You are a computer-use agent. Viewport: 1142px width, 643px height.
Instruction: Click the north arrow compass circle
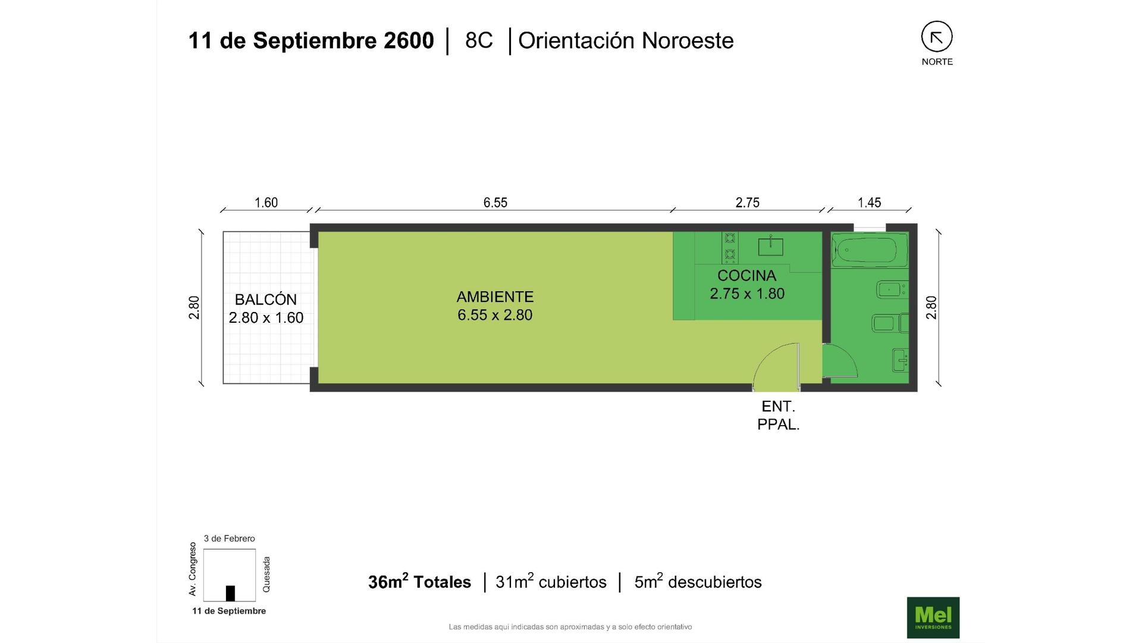pos(937,37)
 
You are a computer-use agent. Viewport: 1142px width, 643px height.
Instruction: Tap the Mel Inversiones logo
pos(933,617)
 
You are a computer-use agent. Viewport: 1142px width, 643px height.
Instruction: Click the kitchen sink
pos(770,246)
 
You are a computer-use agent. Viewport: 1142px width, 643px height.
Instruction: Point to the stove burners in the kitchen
pos(730,248)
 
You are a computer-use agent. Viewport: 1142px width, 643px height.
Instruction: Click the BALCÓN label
pos(265,299)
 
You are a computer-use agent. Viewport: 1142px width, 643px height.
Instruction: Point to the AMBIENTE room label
pos(495,296)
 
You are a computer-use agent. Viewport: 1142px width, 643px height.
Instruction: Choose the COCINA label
pos(746,276)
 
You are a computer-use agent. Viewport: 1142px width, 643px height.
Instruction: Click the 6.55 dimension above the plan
pos(495,202)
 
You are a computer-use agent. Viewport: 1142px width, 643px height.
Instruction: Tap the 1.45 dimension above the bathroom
pos(869,202)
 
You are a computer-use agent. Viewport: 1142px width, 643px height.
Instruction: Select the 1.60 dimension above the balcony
pos(266,202)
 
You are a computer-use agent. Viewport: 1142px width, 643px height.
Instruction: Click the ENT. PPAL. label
pos(778,416)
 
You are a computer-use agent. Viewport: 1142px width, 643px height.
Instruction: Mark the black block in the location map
pos(230,593)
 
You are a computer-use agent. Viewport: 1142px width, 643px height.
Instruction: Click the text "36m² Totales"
pos(419,582)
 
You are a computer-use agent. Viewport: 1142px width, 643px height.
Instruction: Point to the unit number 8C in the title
pos(479,40)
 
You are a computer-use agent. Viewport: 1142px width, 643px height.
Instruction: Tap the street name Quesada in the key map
pos(266,574)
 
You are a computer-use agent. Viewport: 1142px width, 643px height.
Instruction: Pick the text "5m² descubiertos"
pos(698,582)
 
